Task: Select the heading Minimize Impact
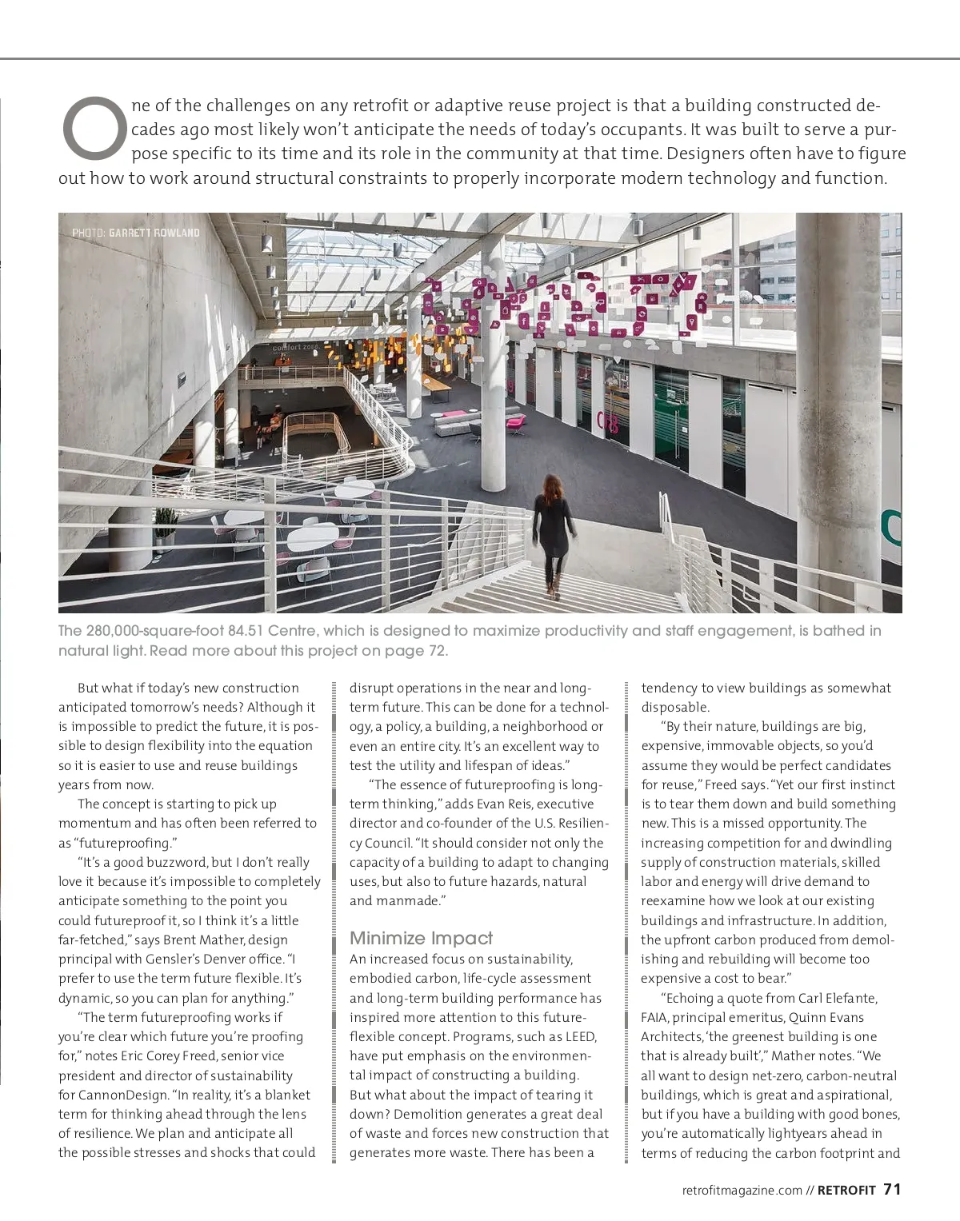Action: (421, 938)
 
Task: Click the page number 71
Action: (892, 1189)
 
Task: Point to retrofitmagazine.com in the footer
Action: (742, 1190)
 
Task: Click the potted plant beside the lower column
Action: (166, 528)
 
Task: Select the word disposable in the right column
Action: (674, 707)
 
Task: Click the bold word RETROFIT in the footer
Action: (846, 1190)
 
